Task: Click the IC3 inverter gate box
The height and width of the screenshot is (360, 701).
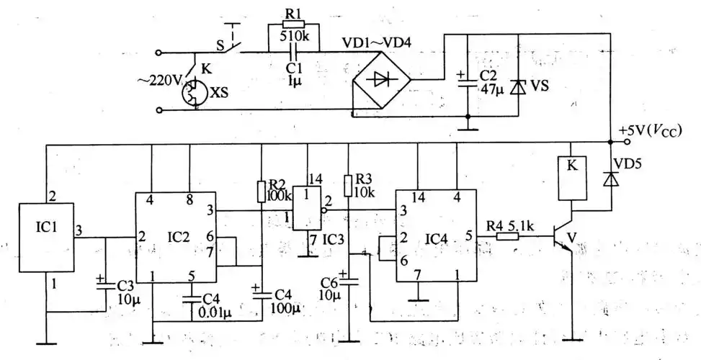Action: (x=308, y=210)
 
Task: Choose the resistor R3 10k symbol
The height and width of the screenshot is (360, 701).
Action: (x=348, y=185)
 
